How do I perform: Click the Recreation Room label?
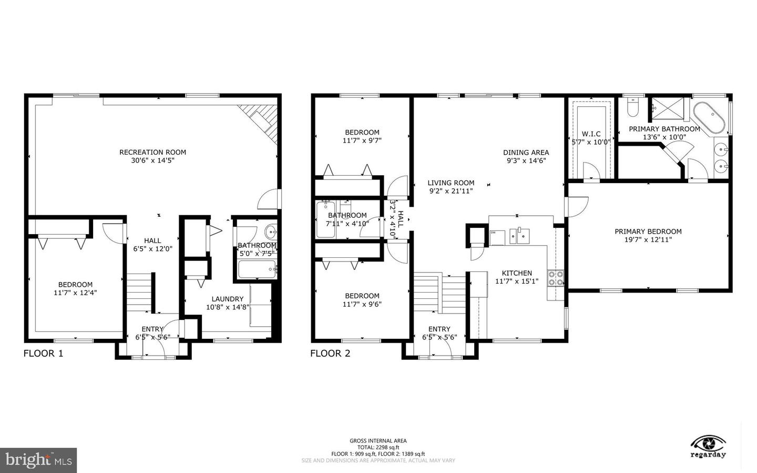[152, 152]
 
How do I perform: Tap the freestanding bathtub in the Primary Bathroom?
[708, 118]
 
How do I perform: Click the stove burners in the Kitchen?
[556, 278]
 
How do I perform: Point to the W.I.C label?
[591, 134]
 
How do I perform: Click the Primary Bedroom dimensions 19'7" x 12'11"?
[648, 240]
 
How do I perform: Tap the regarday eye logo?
[708, 442]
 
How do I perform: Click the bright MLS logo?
[38, 460]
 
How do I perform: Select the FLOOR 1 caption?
[43, 354]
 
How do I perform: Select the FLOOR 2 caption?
[330, 354]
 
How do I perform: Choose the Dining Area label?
[526, 153]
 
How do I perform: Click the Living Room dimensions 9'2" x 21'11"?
[451, 191]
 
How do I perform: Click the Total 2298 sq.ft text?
[378, 447]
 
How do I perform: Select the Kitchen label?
[517, 273]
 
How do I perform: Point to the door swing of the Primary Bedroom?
[577, 206]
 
